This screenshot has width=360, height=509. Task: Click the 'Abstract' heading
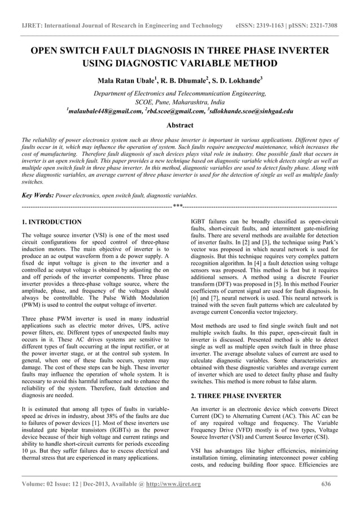click(x=180, y=125)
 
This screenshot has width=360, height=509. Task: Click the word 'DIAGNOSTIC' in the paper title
click(x=143, y=63)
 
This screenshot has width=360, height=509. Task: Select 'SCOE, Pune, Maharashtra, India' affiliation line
click(x=180, y=103)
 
